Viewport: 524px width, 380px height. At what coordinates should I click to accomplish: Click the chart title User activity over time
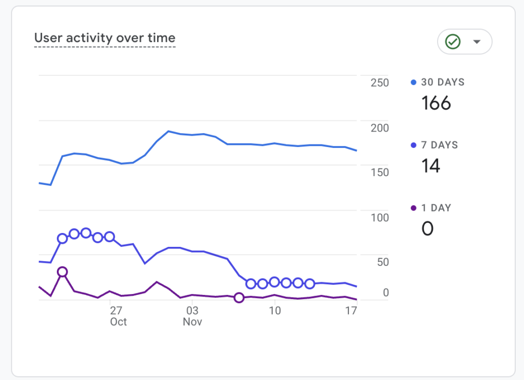pyautogui.click(x=105, y=38)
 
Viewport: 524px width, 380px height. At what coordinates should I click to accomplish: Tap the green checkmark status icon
pyautogui.click(x=453, y=42)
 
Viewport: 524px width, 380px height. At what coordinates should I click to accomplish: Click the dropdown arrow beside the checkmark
pyautogui.click(x=477, y=42)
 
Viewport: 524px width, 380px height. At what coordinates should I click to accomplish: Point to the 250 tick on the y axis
pyautogui.click(x=380, y=82)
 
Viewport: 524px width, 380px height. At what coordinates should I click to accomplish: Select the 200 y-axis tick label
pyautogui.click(x=380, y=128)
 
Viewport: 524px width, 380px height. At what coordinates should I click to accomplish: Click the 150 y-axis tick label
pyautogui.click(x=380, y=172)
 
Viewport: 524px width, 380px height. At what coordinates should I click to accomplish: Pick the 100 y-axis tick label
pyautogui.click(x=380, y=217)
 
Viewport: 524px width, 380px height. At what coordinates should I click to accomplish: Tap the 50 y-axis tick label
pyautogui.click(x=382, y=262)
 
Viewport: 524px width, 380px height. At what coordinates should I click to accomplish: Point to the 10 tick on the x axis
pyautogui.click(x=275, y=310)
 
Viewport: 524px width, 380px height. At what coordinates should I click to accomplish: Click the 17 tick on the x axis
pyautogui.click(x=351, y=310)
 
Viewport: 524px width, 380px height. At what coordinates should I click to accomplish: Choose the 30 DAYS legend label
pyautogui.click(x=443, y=82)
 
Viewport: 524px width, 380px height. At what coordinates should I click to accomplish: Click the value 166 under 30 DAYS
pyautogui.click(x=436, y=103)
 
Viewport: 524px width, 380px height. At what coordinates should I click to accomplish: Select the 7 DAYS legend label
pyautogui.click(x=439, y=145)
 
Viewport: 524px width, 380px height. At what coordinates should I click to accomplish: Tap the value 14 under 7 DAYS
pyautogui.click(x=431, y=166)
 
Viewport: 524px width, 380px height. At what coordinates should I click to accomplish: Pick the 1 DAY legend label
pyautogui.click(x=436, y=208)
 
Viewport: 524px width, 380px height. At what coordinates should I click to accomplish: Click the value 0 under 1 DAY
pyautogui.click(x=427, y=228)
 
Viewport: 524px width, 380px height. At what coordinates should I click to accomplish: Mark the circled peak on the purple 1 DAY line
pyautogui.click(x=62, y=272)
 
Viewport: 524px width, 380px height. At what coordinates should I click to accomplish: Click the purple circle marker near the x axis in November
pyautogui.click(x=239, y=298)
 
